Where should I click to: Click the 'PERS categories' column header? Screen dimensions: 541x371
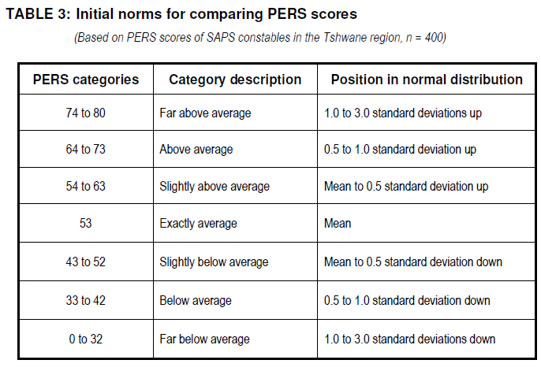[x=86, y=80]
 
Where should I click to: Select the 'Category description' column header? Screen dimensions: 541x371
[x=235, y=80]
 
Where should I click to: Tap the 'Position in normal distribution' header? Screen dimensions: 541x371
[x=427, y=80]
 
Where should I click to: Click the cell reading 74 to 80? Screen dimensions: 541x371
[x=85, y=113]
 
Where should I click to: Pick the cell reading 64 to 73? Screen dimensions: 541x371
[x=85, y=149]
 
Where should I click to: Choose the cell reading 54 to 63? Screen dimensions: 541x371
[x=85, y=187]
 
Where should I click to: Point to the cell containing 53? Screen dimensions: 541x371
[x=85, y=223]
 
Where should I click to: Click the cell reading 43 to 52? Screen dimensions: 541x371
[x=85, y=262]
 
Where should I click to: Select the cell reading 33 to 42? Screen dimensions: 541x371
[x=85, y=300]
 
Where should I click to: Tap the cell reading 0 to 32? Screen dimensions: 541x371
[x=85, y=339]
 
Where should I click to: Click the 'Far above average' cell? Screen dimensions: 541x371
[x=205, y=113]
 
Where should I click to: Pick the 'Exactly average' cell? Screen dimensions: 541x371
[x=199, y=224]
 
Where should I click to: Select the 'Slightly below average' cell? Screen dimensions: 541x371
[x=214, y=262]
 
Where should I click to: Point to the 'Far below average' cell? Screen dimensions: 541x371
[x=204, y=339]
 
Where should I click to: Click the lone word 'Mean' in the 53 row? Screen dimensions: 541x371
[x=338, y=223]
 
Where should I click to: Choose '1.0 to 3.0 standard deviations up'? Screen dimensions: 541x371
[x=403, y=113]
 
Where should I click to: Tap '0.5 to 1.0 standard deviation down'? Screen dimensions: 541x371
[x=407, y=300]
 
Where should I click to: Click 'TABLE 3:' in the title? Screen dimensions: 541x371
[x=38, y=14]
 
